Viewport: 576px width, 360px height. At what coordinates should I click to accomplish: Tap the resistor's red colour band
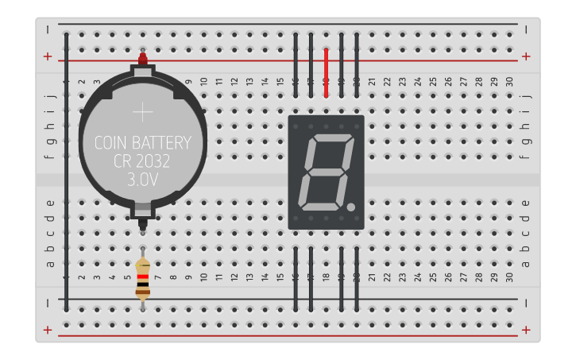click(143, 277)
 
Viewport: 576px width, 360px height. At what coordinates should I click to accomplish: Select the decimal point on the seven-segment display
click(350, 208)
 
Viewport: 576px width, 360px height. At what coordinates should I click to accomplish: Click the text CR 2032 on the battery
click(143, 162)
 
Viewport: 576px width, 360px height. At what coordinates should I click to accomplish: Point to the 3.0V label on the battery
click(143, 180)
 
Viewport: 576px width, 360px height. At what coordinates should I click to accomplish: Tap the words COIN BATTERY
click(143, 144)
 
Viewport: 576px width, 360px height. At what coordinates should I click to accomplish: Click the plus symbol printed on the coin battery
click(143, 113)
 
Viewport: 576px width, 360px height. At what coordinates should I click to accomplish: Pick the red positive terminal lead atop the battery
click(143, 59)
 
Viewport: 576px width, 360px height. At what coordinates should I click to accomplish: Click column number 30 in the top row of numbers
click(509, 82)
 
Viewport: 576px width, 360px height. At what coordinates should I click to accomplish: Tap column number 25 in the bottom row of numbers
click(433, 277)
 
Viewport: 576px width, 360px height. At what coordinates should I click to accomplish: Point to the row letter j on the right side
click(525, 95)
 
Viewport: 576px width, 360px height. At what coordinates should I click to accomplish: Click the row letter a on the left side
click(50, 264)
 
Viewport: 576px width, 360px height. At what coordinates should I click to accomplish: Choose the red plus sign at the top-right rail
click(525, 56)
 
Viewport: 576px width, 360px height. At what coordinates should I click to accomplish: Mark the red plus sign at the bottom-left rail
click(48, 330)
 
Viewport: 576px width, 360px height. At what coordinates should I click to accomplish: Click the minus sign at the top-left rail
click(48, 29)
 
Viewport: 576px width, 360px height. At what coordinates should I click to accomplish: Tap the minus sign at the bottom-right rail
click(525, 303)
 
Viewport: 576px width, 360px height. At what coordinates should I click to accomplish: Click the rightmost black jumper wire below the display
click(357, 278)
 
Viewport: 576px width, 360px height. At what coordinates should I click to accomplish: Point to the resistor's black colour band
click(143, 284)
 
